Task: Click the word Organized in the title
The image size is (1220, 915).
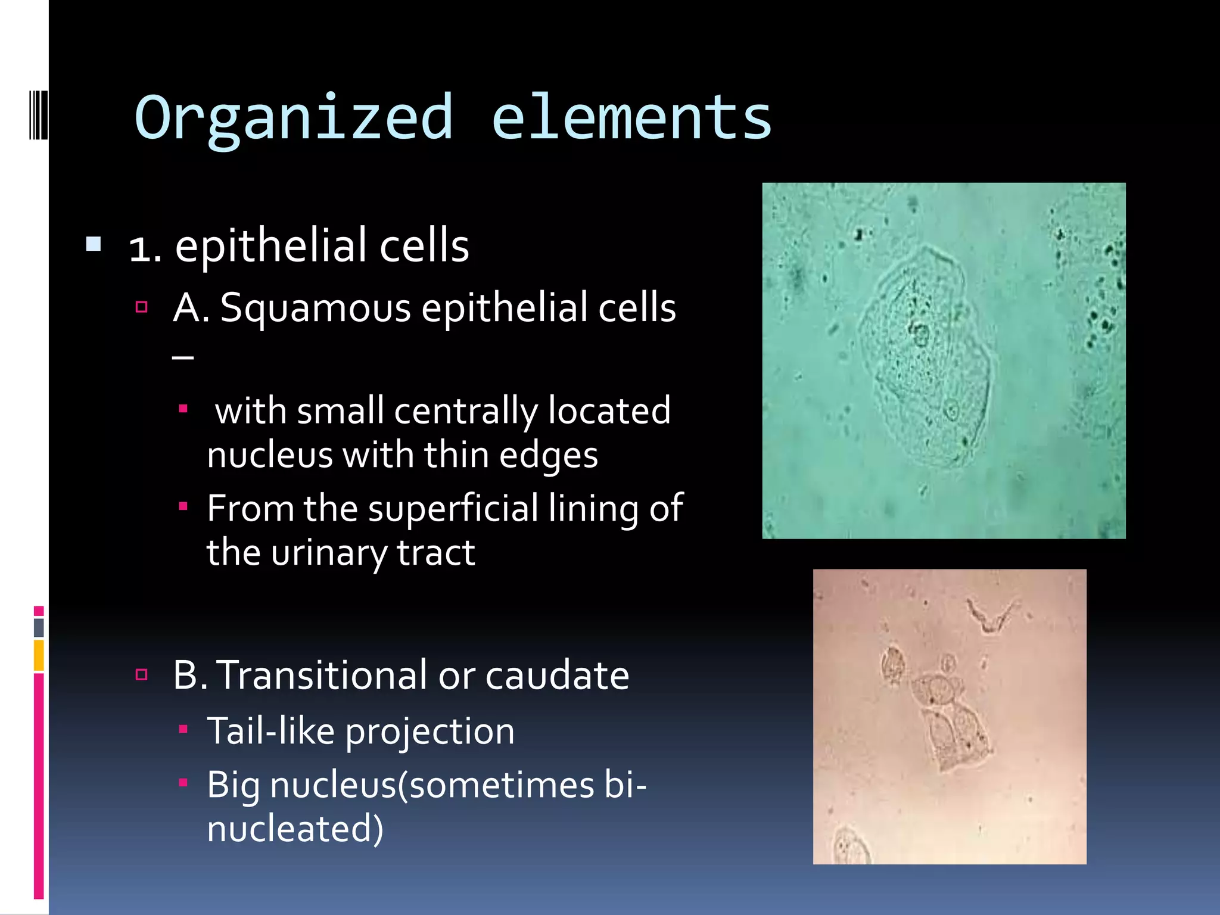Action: [294, 118]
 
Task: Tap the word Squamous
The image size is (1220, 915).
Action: [315, 309]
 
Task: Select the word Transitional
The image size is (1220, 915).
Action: [321, 676]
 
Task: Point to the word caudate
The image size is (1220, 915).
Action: [557, 676]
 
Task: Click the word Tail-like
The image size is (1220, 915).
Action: [271, 731]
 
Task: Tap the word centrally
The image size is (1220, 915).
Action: [465, 411]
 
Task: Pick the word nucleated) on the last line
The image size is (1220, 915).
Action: [295, 829]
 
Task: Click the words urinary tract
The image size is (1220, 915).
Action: [372, 553]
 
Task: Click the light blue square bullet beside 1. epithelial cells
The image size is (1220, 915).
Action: [94, 244]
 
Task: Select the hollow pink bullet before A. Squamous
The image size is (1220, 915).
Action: [141, 307]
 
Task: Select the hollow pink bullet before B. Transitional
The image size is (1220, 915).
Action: [141, 674]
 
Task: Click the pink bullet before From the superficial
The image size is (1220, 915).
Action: [183, 506]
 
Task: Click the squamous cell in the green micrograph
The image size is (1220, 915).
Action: [923, 357]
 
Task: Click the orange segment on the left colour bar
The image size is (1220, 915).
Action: [39, 655]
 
